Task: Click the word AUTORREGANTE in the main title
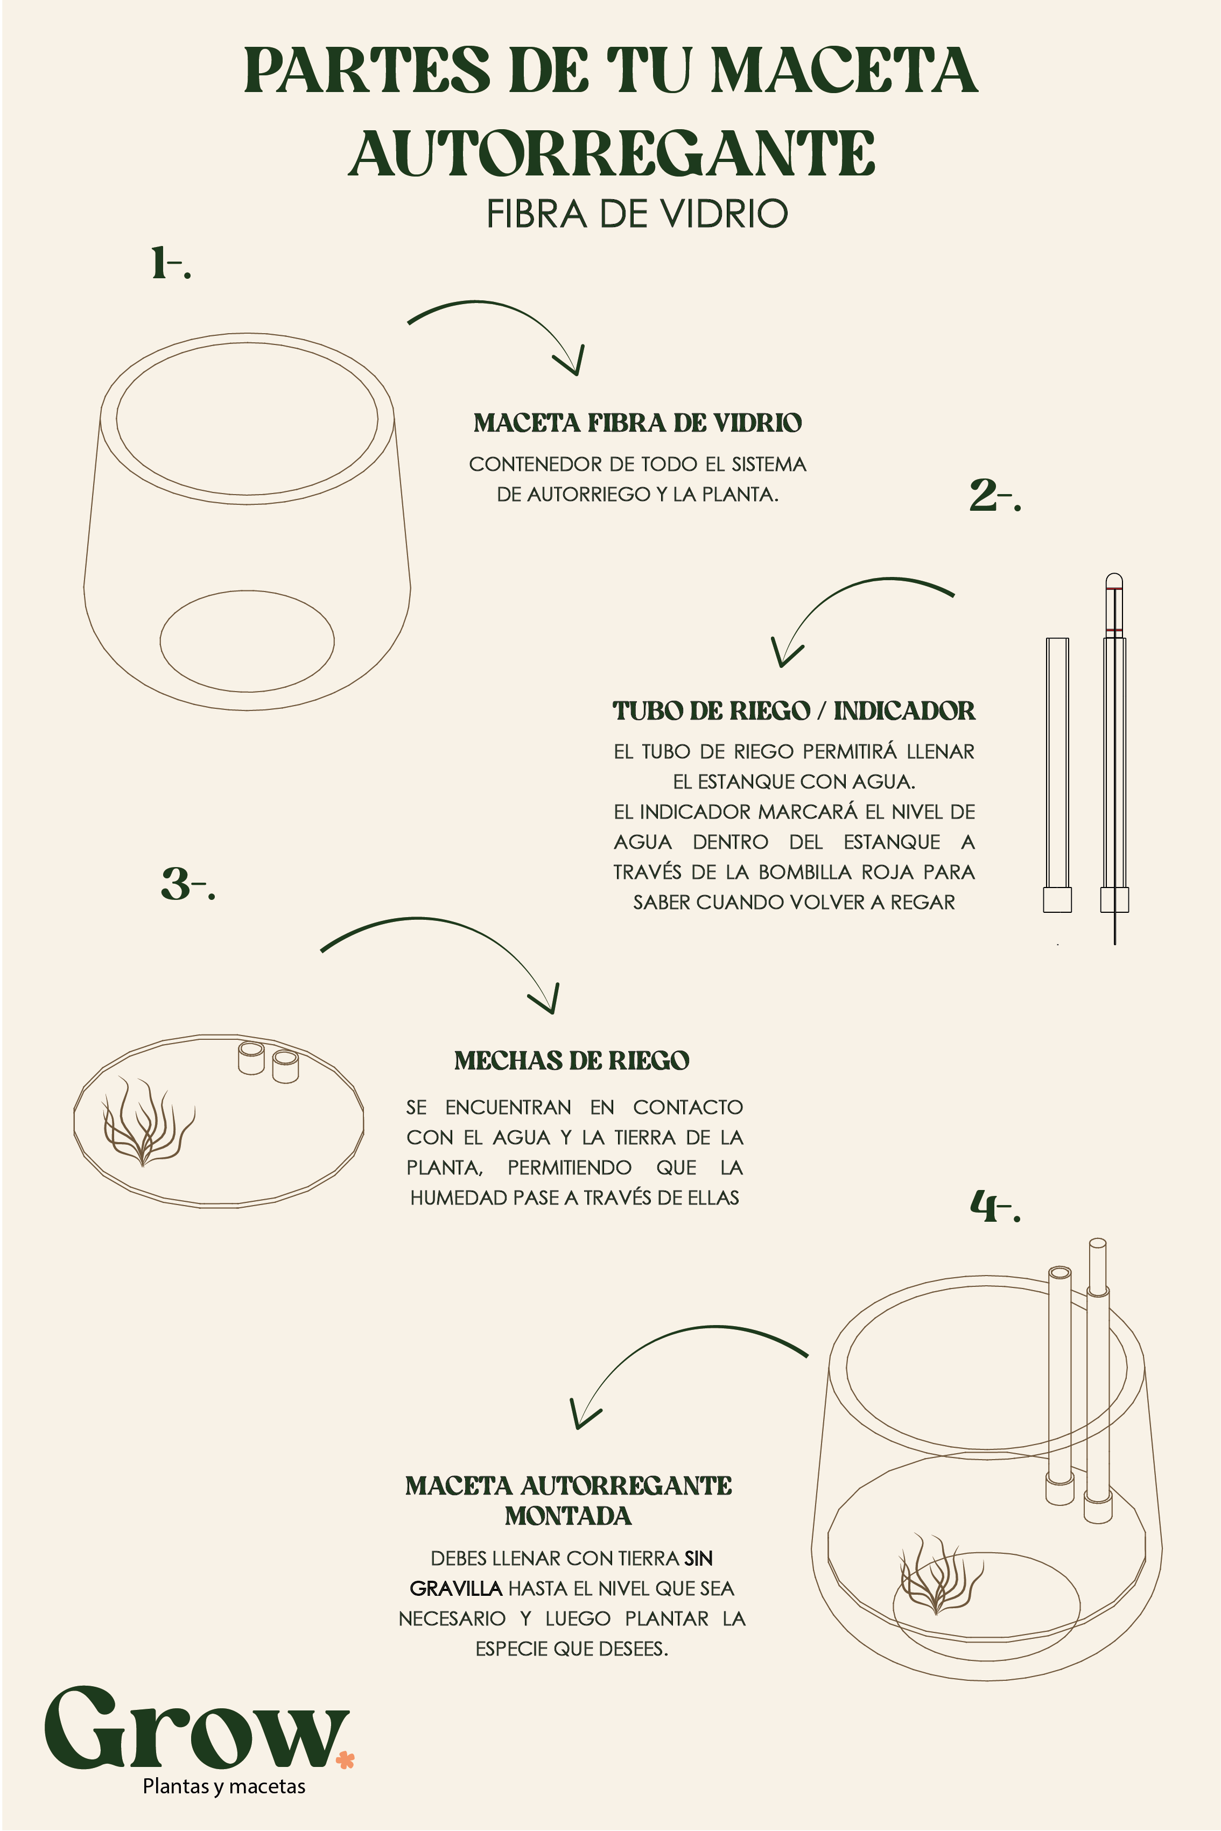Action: point(612,153)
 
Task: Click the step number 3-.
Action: point(188,884)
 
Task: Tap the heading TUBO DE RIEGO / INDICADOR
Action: point(794,711)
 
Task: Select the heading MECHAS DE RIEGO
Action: point(572,1060)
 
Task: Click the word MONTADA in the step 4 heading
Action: point(569,1516)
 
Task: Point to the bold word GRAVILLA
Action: point(455,1588)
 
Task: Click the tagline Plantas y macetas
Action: point(224,1787)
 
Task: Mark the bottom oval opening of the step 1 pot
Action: point(247,692)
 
